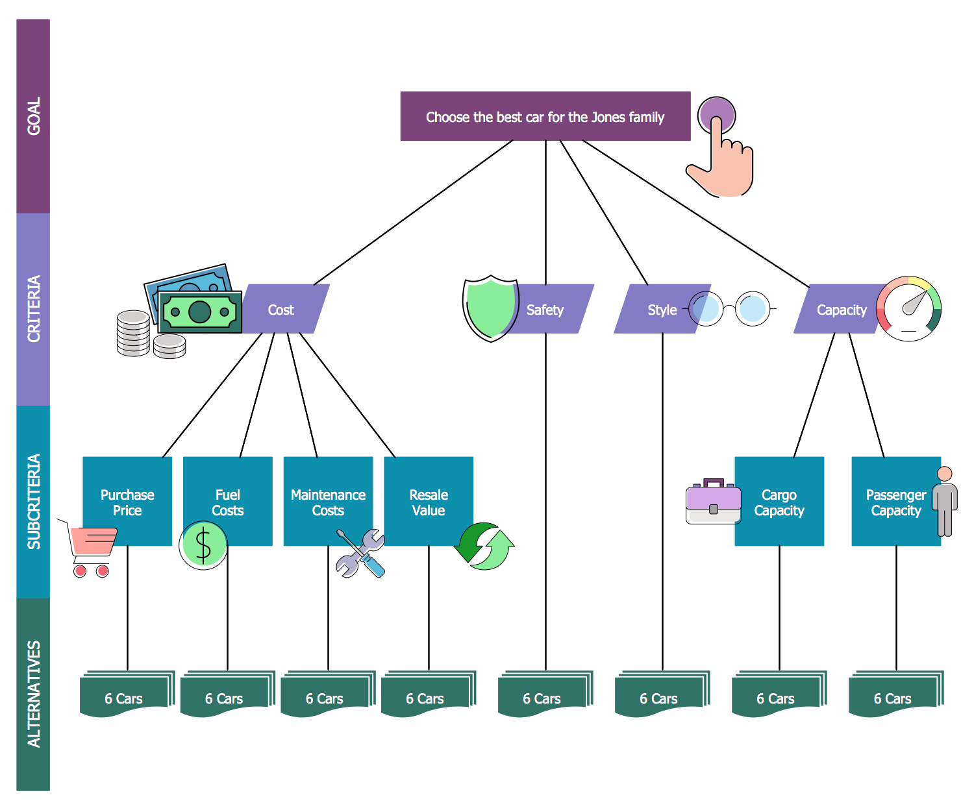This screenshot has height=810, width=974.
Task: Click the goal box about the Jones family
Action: tap(545, 117)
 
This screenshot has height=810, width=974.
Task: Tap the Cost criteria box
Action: tap(281, 310)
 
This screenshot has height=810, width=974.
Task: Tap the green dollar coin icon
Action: tap(203, 545)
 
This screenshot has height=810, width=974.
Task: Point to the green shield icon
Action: tap(490, 307)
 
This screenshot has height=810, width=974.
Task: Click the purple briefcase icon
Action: tap(713, 502)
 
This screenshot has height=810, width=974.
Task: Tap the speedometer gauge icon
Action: tap(908, 309)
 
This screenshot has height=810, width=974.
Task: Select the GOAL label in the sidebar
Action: tap(33, 116)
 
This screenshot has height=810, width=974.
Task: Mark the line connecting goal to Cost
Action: tap(413, 213)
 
